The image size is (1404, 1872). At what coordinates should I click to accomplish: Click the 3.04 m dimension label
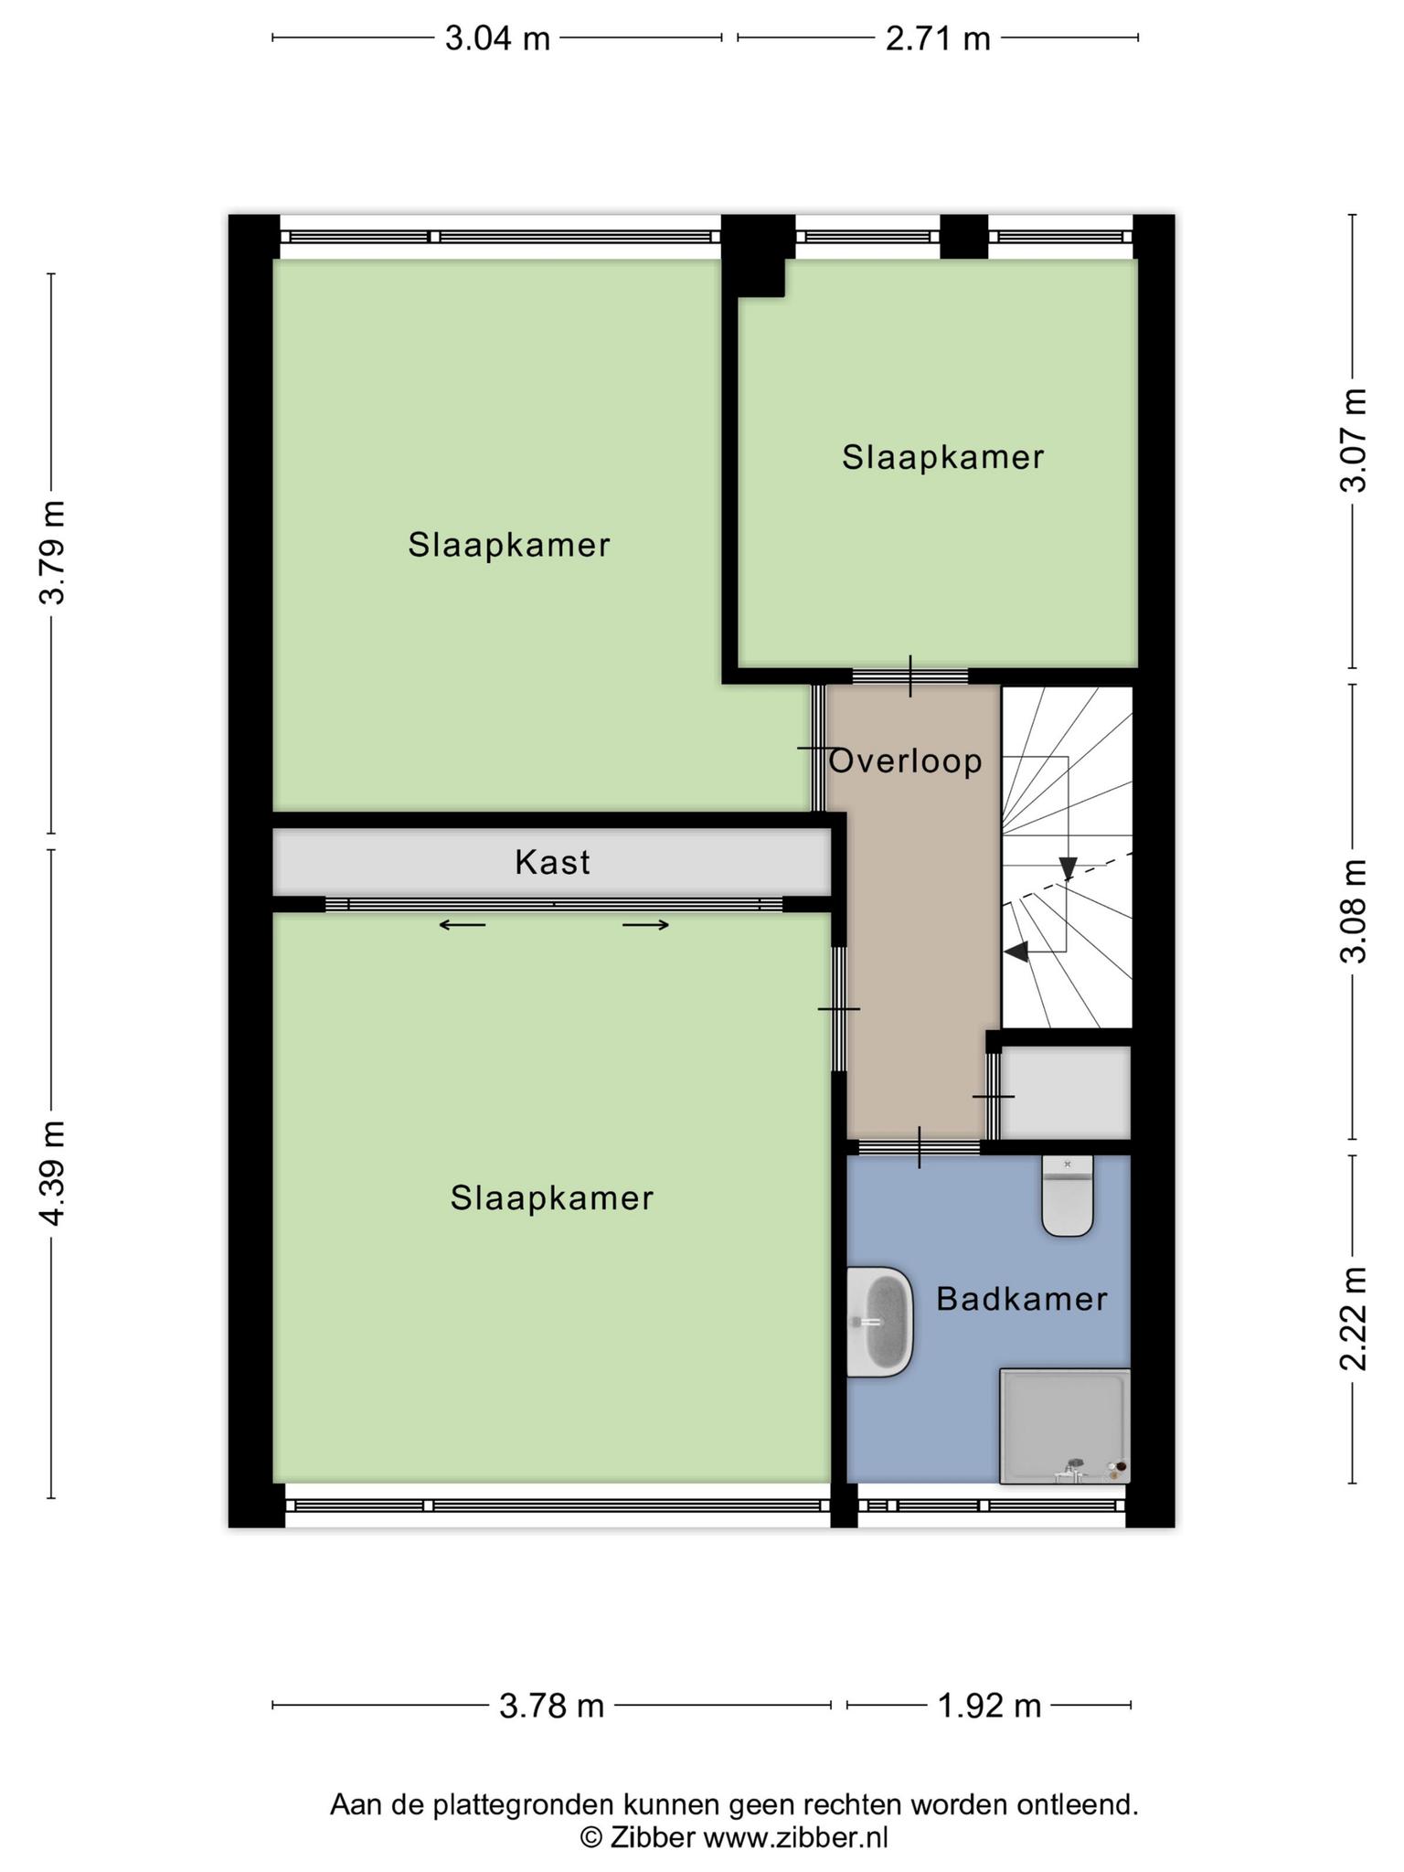coord(497,38)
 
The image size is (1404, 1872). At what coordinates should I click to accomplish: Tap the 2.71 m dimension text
coord(938,38)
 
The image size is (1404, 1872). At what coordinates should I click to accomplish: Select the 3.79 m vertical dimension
coord(51,553)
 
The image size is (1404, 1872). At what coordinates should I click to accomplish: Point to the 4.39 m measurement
coord(51,1174)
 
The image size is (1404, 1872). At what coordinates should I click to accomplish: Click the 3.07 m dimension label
coord(1354,441)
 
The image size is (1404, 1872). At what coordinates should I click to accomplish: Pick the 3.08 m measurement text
coord(1354,911)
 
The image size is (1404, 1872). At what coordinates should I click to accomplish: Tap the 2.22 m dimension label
coord(1354,1319)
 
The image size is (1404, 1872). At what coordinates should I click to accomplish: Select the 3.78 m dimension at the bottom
coord(552,1706)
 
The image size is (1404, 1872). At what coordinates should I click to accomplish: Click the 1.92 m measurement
coord(989,1706)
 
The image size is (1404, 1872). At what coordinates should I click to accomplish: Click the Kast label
coord(552,862)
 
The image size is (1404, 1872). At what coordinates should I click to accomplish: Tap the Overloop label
coord(905,761)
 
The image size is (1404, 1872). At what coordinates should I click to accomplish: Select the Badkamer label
coord(1022,1299)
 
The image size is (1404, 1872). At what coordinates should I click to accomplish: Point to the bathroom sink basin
coord(880,1321)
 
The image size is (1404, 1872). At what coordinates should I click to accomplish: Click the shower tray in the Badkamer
coord(1065,1426)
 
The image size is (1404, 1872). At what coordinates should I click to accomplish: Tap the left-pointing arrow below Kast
coord(463,925)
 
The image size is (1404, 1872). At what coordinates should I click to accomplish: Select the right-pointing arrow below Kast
coord(646,925)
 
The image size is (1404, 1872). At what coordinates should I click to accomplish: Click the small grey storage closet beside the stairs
coord(1067,1092)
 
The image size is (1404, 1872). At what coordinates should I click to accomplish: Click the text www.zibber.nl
coord(795,1837)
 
